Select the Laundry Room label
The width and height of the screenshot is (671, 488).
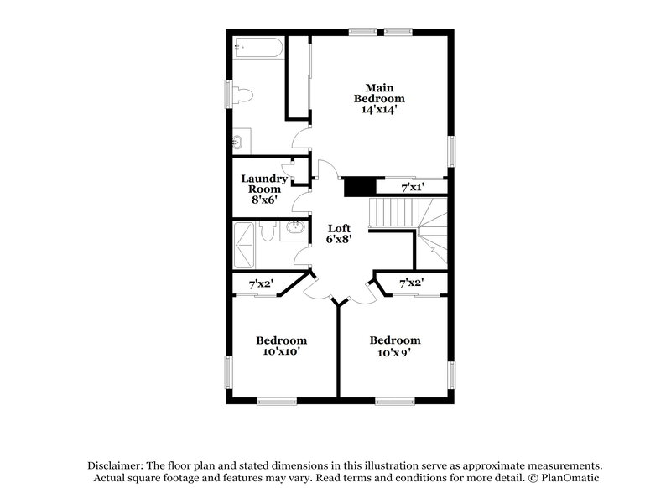tap(264, 184)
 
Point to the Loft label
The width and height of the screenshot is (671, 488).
tap(339, 228)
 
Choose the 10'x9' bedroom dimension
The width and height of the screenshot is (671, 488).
tap(394, 352)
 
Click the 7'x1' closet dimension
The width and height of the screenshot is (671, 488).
tap(412, 188)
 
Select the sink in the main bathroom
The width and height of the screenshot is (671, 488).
tap(239, 142)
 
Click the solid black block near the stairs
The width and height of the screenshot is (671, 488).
tap(358, 185)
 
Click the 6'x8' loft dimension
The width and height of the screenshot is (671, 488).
tap(339, 240)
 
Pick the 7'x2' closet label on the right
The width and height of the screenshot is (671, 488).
tap(411, 284)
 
